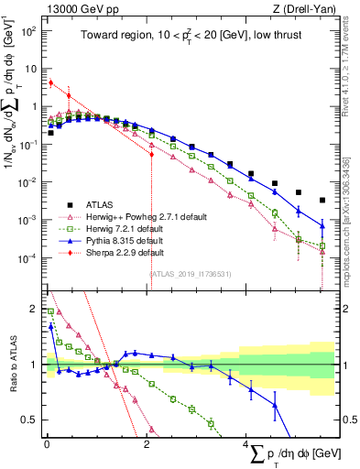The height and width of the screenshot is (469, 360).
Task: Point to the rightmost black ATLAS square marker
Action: [x=322, y=200]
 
